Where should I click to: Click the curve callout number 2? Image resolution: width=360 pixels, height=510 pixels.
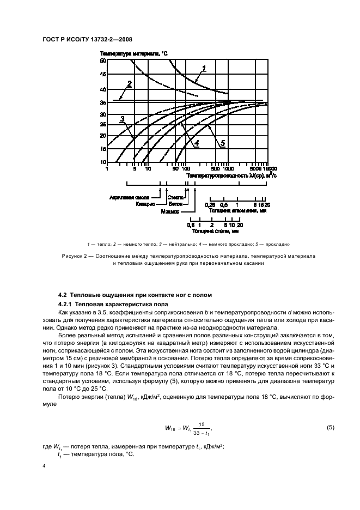coord(130,84)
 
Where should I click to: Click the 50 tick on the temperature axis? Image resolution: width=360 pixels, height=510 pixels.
coord(103,61)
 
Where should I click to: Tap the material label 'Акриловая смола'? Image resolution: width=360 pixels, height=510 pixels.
coord(142,198)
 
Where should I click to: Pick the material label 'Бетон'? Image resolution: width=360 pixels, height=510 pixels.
coord(176,203)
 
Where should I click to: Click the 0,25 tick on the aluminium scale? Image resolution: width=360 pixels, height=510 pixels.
coord(209,204)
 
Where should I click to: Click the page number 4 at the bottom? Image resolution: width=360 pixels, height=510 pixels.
coord(44,466)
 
